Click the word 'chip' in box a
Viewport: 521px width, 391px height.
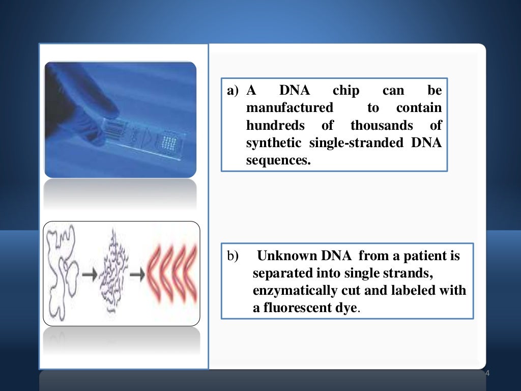pos(345,91)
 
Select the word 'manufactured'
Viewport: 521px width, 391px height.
pos(290,108)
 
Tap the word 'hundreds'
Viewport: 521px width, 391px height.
pos(275,125)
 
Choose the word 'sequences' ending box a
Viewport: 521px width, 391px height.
pos(277,161)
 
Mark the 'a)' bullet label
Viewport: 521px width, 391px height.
pos(233,92)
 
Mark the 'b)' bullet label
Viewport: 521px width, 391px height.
pos(233,256)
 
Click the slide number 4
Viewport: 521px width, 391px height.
pos(487,374)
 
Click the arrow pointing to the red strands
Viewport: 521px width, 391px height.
pos(137,274)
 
